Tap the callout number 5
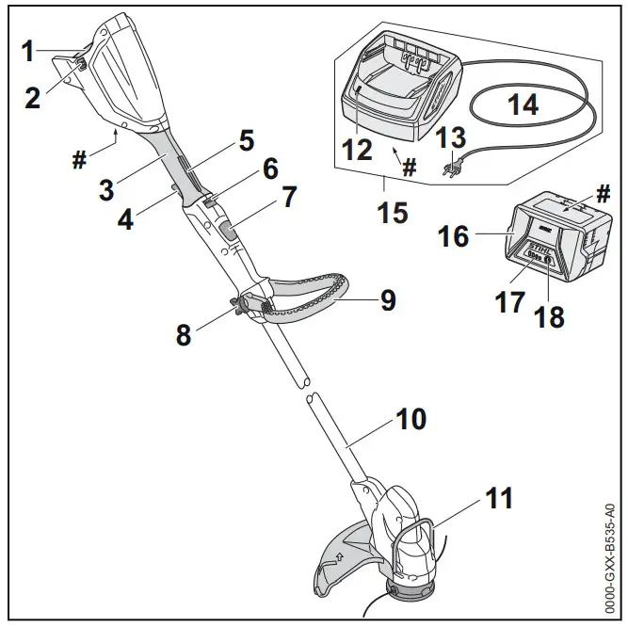click(246, 140)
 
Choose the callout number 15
click(392, 212)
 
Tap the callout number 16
click(454, 234)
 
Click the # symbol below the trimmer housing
click(79, 159)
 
